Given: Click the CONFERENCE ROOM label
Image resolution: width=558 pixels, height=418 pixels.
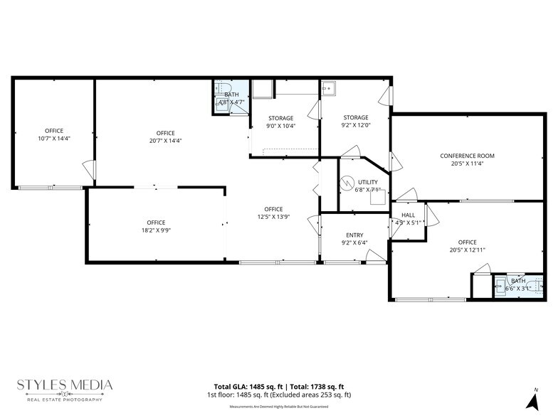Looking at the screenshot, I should click(467, 156).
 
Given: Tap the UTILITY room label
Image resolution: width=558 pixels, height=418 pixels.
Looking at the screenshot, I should click(367, 182).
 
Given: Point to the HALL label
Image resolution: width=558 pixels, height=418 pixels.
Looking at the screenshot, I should click(408, 215).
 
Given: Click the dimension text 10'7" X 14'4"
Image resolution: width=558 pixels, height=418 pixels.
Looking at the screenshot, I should click(54, 139).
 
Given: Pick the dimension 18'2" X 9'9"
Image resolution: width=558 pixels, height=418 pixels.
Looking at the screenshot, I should click(156, 231).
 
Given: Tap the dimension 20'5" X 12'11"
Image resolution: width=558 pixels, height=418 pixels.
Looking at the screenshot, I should click(467, 250).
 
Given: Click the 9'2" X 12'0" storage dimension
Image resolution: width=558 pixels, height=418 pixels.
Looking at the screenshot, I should click(355, 126).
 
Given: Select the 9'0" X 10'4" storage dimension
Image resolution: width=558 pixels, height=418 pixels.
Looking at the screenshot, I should click(281, 127).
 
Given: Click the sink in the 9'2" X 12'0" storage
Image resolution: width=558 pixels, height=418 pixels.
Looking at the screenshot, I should click(330, 89).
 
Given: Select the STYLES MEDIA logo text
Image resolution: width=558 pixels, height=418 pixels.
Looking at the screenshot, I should click(65, 385).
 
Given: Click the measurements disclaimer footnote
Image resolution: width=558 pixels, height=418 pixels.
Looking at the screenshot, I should click(279, 407).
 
